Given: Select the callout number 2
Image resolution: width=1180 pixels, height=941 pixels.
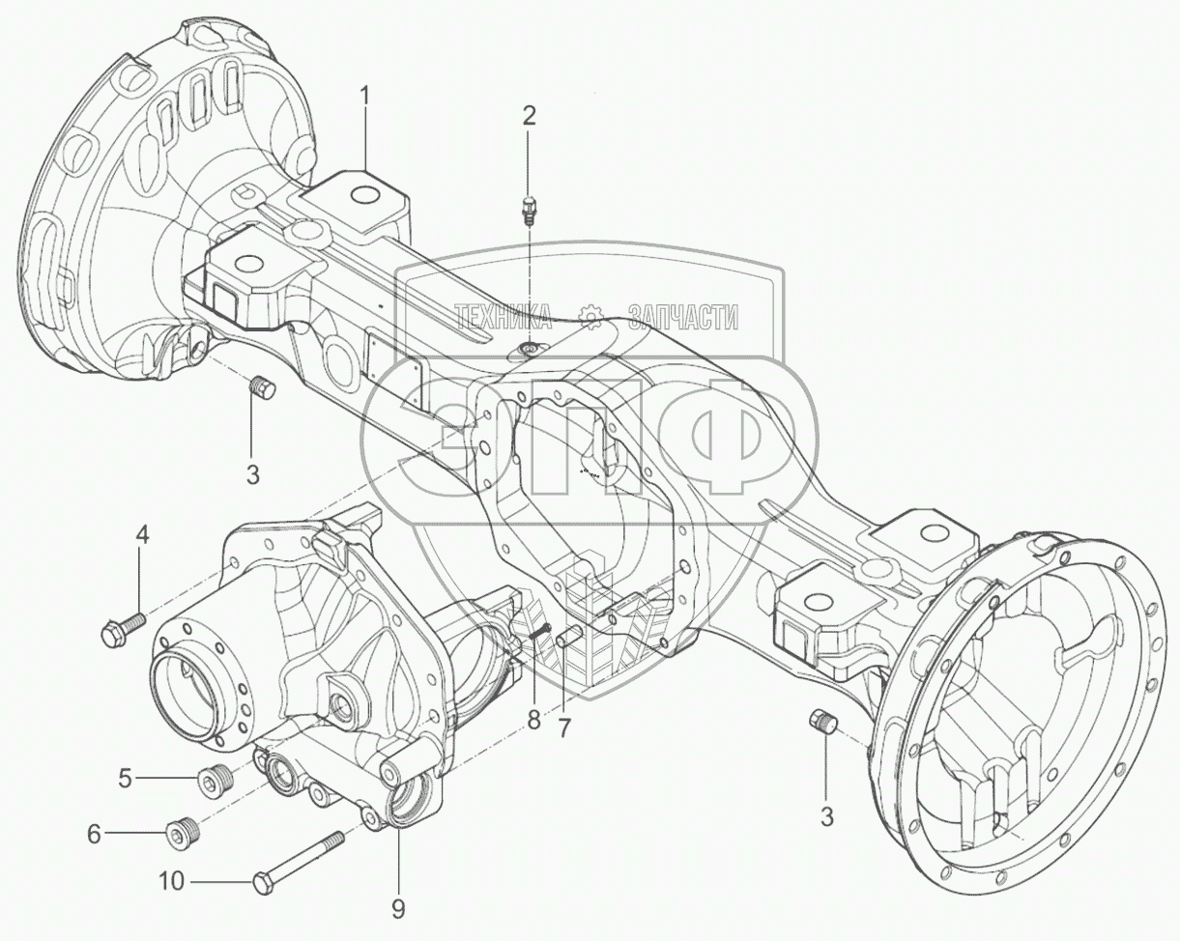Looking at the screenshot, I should pos(528,116).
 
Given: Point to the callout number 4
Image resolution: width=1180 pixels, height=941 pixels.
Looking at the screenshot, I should pos(141,534).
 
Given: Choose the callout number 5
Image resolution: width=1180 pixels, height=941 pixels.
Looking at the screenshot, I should pos(125,777).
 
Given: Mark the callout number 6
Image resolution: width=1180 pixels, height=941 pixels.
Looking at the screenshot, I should pos(94,833).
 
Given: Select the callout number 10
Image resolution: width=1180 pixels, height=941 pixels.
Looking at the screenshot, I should pos(171,881).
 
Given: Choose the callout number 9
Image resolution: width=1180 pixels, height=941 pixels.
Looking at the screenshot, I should pos(398,908).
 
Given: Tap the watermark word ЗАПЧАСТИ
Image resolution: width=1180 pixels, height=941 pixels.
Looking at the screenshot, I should pos(683,316).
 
